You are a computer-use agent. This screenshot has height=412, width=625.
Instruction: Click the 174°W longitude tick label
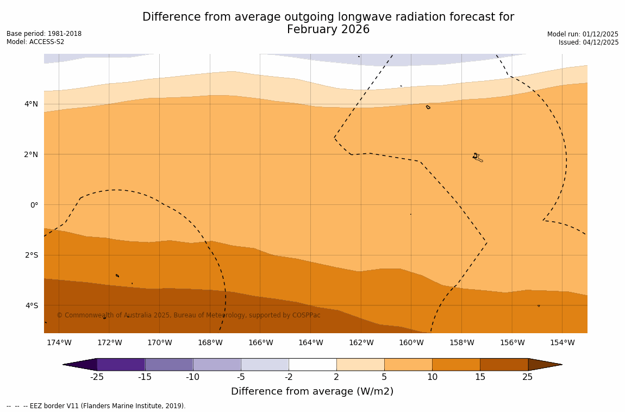pyautogui.click(x=59, y=342)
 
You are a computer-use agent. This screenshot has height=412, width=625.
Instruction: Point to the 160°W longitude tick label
pyautogui.click(x=411, y=342)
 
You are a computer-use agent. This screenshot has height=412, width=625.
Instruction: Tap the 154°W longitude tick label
pyautogui.click(x=562, y=342)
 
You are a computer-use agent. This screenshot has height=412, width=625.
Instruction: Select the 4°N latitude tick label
pyautogui.click(x=31, y=104)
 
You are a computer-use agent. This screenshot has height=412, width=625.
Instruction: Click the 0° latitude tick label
pyautogui.click(x=34, y=205)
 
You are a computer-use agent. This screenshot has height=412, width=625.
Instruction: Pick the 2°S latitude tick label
pyautogui.click(x=31, y=255)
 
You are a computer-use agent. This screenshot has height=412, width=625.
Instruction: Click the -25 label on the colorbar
pyautogui.click(x=97, y=377)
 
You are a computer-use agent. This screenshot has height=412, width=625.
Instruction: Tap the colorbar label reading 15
pyautogui.click(x=480, y=377)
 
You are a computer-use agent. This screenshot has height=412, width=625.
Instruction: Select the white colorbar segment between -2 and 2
pyautogui.click(x=312, y=365)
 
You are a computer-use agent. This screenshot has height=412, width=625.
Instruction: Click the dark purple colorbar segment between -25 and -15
pyautogui.click(x=121, y=365)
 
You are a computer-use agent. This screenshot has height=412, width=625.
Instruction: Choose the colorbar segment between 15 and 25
pyautogui.click(x=504, y=365)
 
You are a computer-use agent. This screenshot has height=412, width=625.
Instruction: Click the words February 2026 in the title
pyautogui.click(x=328, y=30)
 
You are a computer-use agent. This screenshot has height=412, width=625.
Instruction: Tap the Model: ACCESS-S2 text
pyautogui.click(x=35, y=42)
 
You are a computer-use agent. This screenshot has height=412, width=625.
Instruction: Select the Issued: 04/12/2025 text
pyautogui.click(x=589, y=42)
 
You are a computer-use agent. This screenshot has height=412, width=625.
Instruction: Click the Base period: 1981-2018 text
pyautogui.click(x=44, y=34)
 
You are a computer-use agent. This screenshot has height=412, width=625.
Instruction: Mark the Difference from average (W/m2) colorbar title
pyautogui.click(x=312, y=391)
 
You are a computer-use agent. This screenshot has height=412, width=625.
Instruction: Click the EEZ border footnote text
pyautogui.click(x=96, y=406)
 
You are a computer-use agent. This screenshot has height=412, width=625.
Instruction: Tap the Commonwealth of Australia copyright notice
pyautogui.click(x=189, y=315)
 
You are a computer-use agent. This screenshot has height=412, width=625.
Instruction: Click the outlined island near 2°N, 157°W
pyautogui.click(x=477, y=158)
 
